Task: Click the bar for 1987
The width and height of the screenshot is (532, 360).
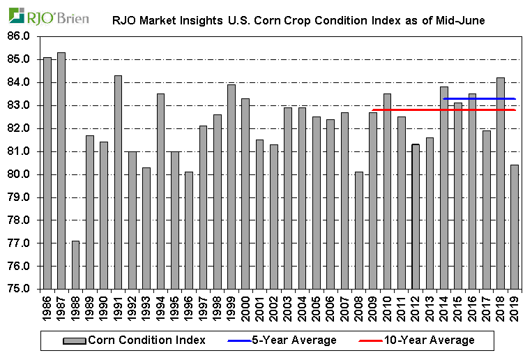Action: (61, 171)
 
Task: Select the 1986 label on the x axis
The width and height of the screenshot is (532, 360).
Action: (47, 306)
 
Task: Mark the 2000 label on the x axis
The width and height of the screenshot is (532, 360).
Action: (246, 306)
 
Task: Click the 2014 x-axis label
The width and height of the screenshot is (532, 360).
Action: (444, 306)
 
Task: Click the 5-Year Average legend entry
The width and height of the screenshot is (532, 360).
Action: (282, 340)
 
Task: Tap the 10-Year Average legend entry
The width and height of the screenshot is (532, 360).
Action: (419, 340)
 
